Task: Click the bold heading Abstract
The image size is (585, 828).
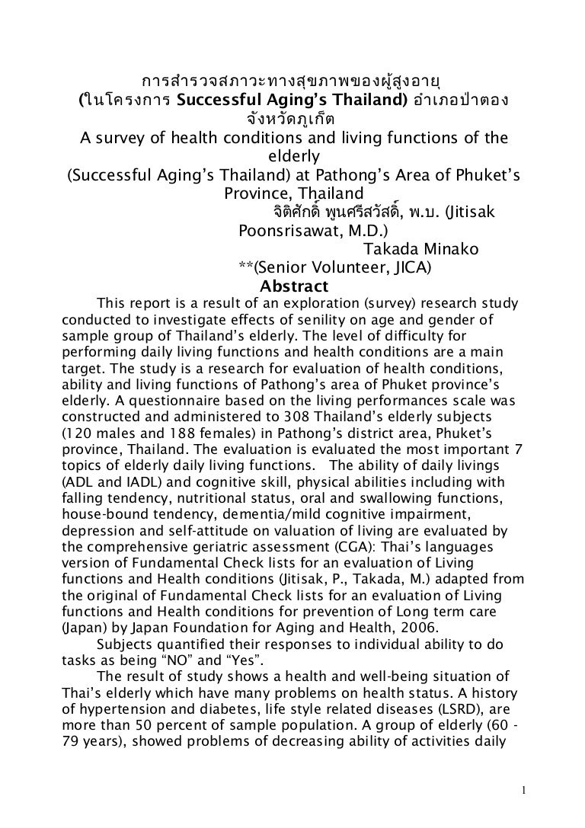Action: pyautogui.click(x=294, y=287)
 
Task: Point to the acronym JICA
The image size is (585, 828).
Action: pyautogui.click(x=409, y=267)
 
